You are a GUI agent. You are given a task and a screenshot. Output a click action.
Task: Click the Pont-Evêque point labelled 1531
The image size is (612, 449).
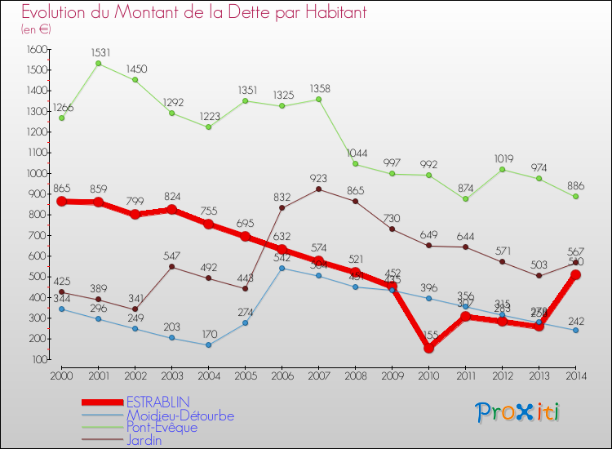99,63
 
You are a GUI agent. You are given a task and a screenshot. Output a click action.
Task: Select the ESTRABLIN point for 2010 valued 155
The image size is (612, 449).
428,348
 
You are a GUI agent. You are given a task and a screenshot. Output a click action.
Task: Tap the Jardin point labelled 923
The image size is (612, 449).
318,189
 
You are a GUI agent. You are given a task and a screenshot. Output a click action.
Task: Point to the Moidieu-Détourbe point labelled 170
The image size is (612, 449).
208,345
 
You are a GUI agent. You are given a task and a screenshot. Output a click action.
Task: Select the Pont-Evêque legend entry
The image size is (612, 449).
161,427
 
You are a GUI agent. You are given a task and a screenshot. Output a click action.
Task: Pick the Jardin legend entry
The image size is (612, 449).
144,440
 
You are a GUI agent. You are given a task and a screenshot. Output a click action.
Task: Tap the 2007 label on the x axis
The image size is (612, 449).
318,376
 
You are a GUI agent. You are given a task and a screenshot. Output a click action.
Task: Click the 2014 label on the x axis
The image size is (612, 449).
575,376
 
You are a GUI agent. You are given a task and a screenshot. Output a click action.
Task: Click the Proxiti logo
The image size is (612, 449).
517,412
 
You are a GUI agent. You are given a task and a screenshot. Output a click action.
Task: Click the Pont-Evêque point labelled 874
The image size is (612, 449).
465,198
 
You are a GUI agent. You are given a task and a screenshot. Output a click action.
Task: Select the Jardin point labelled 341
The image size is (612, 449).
135,309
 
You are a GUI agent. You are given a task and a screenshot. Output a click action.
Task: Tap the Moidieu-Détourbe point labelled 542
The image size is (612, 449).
282,268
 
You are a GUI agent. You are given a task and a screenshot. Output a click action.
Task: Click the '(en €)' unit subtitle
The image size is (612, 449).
36,29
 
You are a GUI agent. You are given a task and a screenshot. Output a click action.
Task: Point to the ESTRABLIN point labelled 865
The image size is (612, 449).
62,201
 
